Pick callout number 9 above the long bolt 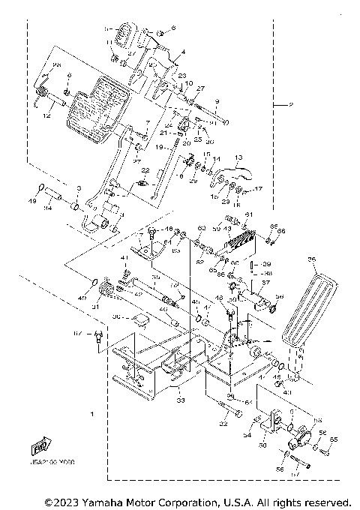point(216,101)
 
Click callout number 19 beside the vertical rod point(158,147)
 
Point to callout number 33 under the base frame point(178,401)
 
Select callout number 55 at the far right point(334,439)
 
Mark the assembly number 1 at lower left point(92,413)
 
